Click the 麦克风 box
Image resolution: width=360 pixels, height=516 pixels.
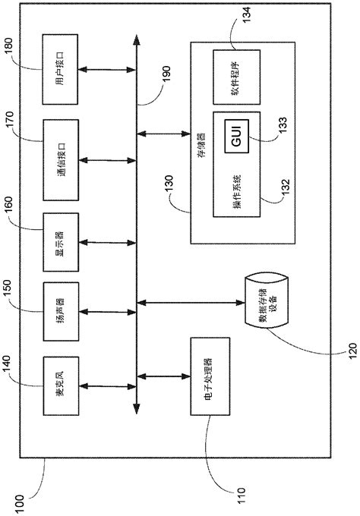pyautogui.click(x=60, y=388)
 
